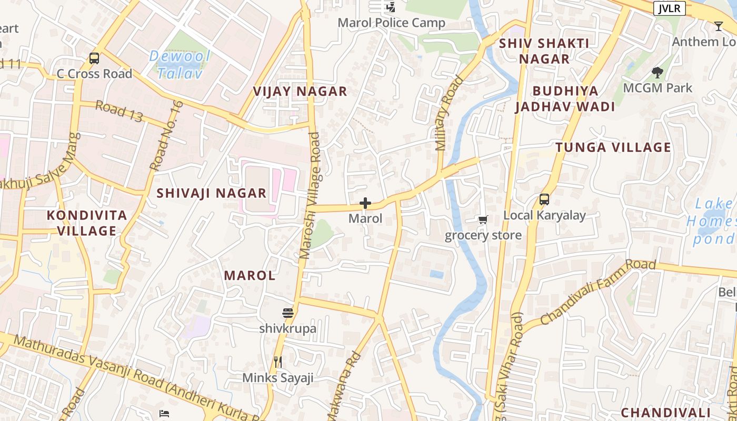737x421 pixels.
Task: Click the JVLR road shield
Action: pos(669,8)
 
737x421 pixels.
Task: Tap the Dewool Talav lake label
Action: pos(180,65)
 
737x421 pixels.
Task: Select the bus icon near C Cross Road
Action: pos(94,58)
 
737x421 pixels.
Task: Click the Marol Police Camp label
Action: pos(391,23)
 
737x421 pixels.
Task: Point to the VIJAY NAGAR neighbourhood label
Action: pos(300,92)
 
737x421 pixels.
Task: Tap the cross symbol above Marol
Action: pos(365,203)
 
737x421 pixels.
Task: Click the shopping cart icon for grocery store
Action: pos(483,219)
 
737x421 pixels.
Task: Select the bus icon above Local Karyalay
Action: pos(544,199)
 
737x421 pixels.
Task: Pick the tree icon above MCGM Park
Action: pos(657,72)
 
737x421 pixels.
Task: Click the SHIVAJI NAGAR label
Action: pos(212,193)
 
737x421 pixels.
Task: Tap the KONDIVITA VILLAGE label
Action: pos(87,223)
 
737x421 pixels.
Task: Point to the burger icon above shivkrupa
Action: pos(287,313)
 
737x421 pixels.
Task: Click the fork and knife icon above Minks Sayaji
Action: pos(278,362)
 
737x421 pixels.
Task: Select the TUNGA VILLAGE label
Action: pos(613,147)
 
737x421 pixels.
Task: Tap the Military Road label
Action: pos(449,114)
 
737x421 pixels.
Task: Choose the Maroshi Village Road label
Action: pos(310,195)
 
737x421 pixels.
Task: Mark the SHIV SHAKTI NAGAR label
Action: pos(544,51)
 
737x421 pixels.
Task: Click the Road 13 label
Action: pos(119,112)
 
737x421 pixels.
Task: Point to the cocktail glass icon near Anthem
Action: pos(719,26)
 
